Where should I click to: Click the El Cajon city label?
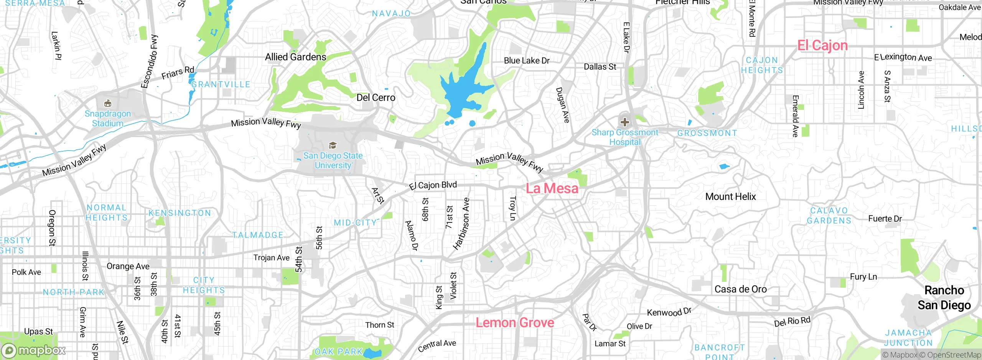point(822,46)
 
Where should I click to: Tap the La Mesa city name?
point(552,188)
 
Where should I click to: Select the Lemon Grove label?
point(515,323)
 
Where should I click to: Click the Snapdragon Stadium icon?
point(108,103)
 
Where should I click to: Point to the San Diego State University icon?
point(333,146)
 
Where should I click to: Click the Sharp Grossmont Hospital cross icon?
point(624,122)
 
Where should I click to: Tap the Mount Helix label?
point(730,197)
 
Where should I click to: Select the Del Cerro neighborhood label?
point(376,98)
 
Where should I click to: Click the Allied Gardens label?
point(295,57)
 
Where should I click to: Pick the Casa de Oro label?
point(740,290)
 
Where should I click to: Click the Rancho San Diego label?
point(944,298)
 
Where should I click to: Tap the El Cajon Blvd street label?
point(433,186)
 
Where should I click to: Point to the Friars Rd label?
point(178,72)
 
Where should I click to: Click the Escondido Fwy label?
point(149,61)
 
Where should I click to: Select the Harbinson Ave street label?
point(461,224)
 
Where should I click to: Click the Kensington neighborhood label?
point(180,213)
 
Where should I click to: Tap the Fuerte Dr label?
point(885,219)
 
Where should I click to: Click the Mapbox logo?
point(34,350)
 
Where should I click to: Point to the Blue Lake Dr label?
point(526,61)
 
